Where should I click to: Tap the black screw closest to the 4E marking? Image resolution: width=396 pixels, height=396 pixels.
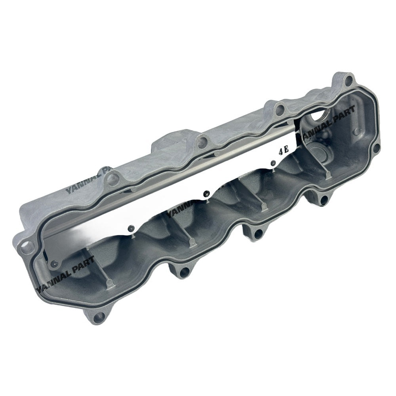pyautogui.click(x=273, y=163)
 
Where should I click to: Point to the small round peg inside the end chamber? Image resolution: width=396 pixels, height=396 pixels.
pyautogui.click(x=357, y=131)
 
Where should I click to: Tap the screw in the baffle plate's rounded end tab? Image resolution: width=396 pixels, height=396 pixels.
pyautogui.click(x=55, y=263)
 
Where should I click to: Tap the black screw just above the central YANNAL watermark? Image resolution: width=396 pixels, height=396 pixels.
pyautogui.click(x=206, y=193)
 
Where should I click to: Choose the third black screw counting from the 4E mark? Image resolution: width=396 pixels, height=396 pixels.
pyautogui.click(x=131, y=227)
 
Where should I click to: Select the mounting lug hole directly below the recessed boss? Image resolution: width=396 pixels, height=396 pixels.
pyautogui.click(x=324, y=200)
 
